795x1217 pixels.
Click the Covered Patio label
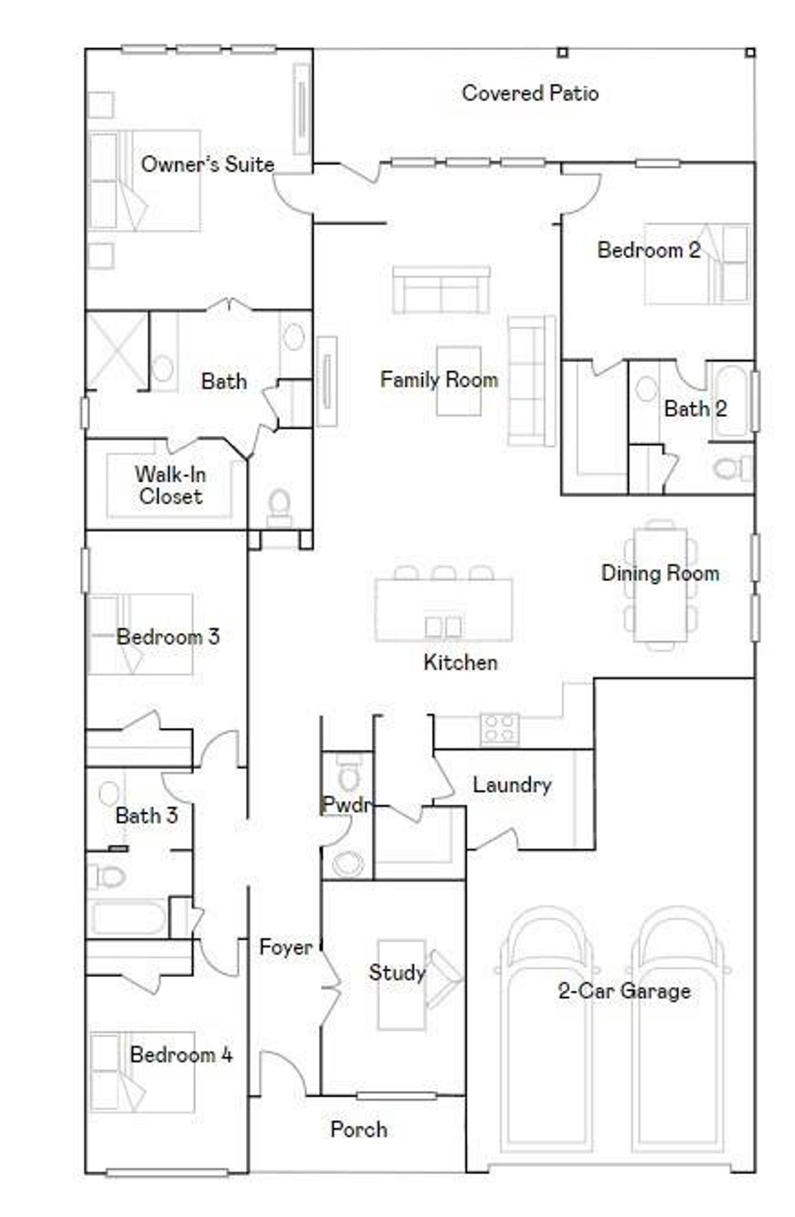(x=530, y=93)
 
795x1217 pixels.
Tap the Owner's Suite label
(x=207, y=164)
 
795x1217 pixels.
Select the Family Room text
(x=438, y=379)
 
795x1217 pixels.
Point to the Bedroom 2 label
(x=648, y=250)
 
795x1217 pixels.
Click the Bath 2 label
(x=695, y=408)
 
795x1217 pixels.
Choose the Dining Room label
(x=660, y=572)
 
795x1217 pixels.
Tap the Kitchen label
(x=460, y=662)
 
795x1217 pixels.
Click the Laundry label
(x=512, y=784)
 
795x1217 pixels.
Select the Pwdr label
(x=346, y=805)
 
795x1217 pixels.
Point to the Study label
(x=397, y=972)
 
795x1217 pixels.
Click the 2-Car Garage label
(x=624, y=990)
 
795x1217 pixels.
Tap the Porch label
(x=358, y=1129)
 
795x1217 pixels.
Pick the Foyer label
(x=286, y=947)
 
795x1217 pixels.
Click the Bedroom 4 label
(x=181, y=1054)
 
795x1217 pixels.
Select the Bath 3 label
(x=147, y=815)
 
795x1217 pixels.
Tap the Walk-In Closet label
(x=170, y=485)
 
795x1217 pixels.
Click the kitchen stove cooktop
(x=499, y=728)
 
